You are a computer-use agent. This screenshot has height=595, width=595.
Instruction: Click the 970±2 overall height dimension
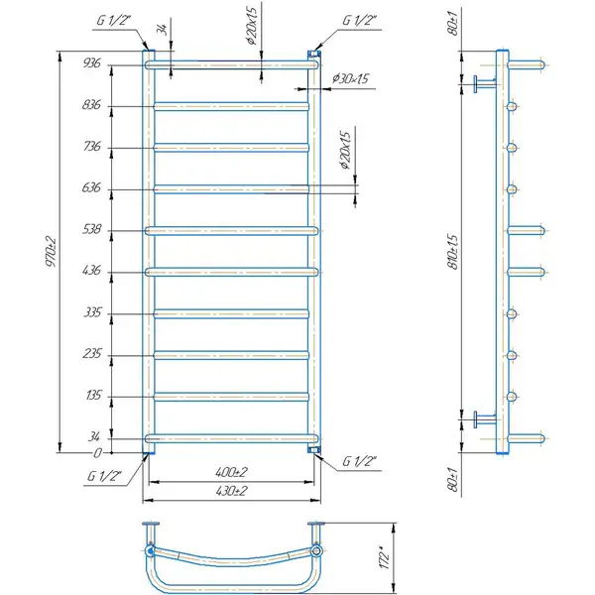pos(51,252)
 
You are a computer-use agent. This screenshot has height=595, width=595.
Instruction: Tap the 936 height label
pos(92,63)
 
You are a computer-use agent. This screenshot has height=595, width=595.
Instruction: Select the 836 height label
pos(91,104)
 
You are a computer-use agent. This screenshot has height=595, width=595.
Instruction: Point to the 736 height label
pos(92,146)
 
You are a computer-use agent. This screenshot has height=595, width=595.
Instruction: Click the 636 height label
pos(91,187)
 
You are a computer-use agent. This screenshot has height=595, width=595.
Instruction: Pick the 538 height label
pos(92,229)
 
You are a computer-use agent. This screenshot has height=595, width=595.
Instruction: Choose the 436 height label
pos(92,271)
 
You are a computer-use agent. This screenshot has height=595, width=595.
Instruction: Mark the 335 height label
pos(92,312)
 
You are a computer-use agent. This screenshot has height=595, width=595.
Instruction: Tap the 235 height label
pos(92,354)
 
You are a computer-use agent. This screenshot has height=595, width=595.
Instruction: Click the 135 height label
pos(93,396)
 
